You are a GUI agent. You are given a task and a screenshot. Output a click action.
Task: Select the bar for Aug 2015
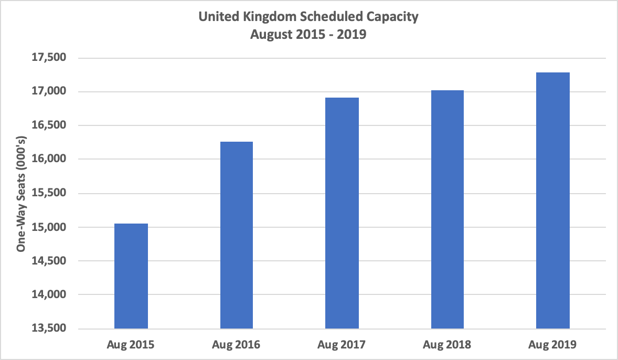(131, 276)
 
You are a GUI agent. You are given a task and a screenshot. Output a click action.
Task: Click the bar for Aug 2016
(236, 235)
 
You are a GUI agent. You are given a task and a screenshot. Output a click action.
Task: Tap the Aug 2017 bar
(342, 213)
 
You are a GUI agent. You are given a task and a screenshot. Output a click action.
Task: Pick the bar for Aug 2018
(447, 209)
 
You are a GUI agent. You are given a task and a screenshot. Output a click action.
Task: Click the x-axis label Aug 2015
(131, 345)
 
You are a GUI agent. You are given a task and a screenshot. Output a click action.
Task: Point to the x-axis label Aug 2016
(236, 345)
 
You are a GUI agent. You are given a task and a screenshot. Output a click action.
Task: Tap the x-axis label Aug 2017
(342, 345)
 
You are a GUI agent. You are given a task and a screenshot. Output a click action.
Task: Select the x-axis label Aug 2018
(447, 345)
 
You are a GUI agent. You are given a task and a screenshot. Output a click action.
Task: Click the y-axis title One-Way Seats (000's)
(22, 193)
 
